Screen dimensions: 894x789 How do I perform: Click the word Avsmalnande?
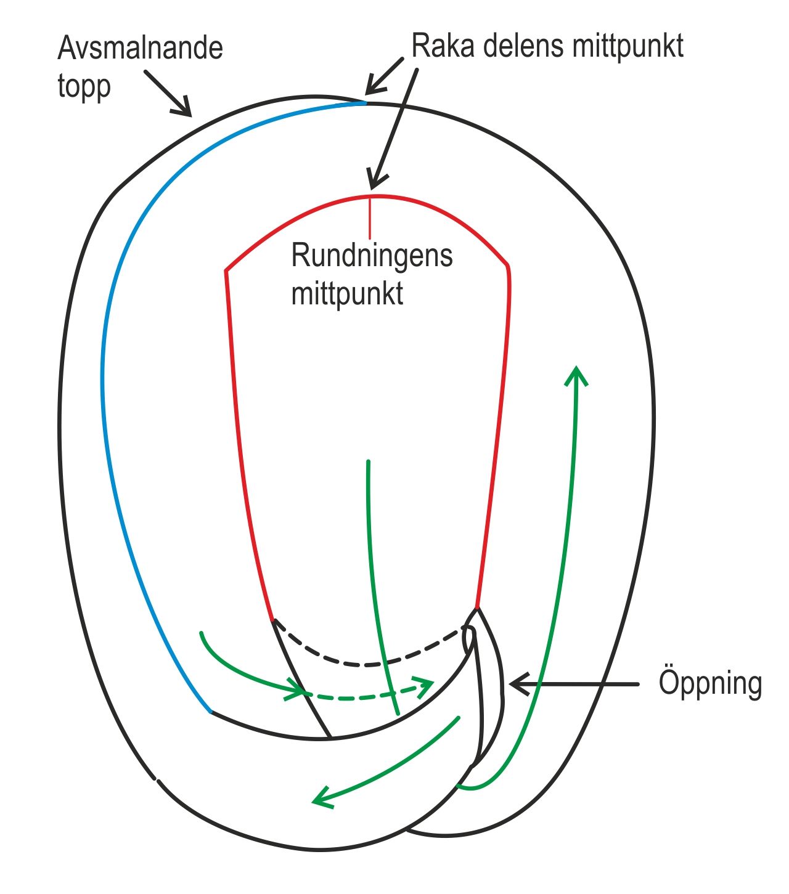[140, 48]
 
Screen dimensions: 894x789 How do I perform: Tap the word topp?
[84, 86]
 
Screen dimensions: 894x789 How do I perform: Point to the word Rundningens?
[372, 255]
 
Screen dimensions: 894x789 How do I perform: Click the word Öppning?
[710, 683]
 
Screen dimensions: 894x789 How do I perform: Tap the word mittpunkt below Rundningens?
[347, 293]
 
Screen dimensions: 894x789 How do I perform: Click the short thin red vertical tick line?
[369, 217]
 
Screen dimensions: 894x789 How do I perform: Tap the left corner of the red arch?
[226, 270]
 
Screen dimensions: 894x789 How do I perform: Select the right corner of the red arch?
[507, 266]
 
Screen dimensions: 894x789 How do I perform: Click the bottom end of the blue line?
[211, 712]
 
